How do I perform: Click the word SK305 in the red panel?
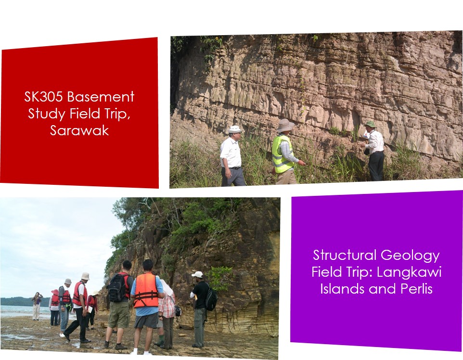(x=43, y=97)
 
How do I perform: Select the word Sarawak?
(x=79, y=130)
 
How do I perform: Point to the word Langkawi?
(x=409, y=272)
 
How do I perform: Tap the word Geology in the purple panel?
(x=410, y=256)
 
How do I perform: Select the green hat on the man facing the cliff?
(x=370, y=124)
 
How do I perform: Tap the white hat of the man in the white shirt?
(x=235, y=129)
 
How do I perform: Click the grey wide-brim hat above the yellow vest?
(x=285, y=125)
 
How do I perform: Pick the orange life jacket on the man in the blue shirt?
(x=146, y=291)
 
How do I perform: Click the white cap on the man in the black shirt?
(x=197, y=274)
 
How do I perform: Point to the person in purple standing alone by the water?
(x=37, y=306)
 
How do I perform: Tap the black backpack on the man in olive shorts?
(x=117, y=288)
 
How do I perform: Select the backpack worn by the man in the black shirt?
(x=211, y=298)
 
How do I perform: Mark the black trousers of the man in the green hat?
(x=376, y=166)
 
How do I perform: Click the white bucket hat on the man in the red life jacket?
(x=85, y=276)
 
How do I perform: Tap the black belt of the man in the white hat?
(x=235, y=168)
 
